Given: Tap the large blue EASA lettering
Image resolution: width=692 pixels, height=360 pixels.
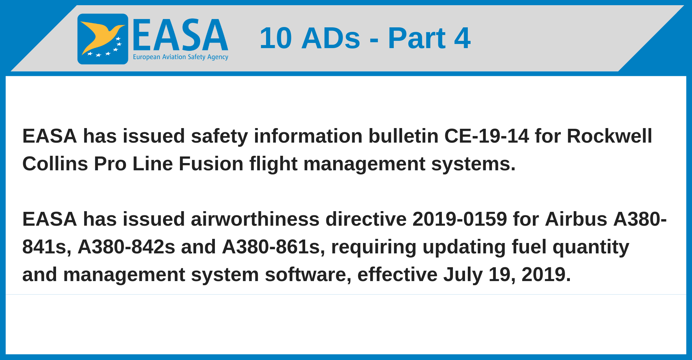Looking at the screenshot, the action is tap(180, 35).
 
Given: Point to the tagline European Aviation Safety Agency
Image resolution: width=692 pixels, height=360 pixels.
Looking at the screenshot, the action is tap(181, 57).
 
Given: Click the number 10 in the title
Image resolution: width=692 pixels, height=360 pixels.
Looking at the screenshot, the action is tap(276, 38).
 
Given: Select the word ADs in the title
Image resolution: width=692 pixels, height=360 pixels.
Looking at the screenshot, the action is tap(331, 38).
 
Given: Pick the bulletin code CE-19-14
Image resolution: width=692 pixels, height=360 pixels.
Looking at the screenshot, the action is tap(486, 136).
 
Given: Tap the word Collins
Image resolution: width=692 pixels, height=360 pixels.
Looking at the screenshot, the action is tap(55, 163).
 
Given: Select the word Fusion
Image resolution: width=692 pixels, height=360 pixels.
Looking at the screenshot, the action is tap(211, 163).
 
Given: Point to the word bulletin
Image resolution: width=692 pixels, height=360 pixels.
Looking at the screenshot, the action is tap(403, 136).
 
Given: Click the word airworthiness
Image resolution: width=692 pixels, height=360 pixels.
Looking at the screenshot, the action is tap(255, 219).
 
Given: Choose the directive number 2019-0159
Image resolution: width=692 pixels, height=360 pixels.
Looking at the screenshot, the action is tap(459, 219).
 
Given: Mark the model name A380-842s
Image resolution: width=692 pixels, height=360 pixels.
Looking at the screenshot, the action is tap(126, 247).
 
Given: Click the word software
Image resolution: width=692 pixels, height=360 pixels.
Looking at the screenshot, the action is tap(308, 275).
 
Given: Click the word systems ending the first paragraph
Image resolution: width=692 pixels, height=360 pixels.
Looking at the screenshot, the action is tap(473, 164).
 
